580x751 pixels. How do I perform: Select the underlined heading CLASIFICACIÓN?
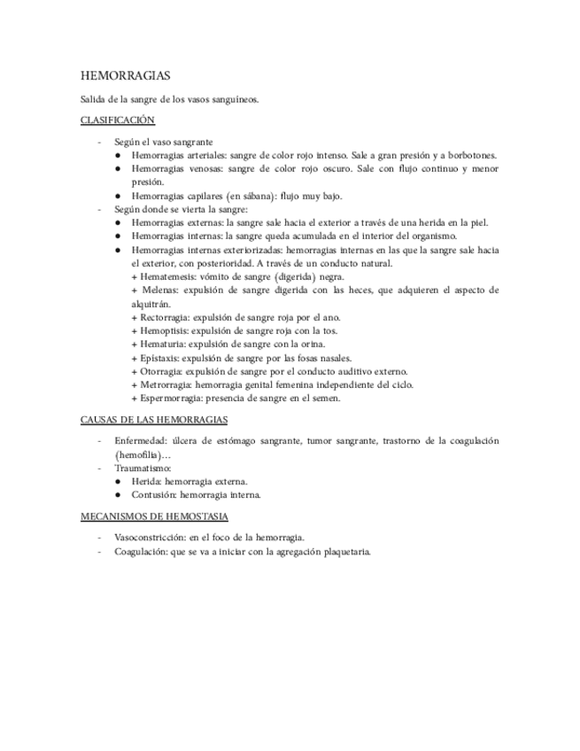[x=118, y=120]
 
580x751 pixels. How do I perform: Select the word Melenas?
[x=158, y=290]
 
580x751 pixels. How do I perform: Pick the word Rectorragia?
[x=166, y=317]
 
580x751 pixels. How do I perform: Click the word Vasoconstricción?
[x=151, y=538]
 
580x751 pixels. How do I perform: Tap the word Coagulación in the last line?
[x=140, y=552]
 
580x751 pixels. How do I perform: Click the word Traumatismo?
[x=142, y=468]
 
